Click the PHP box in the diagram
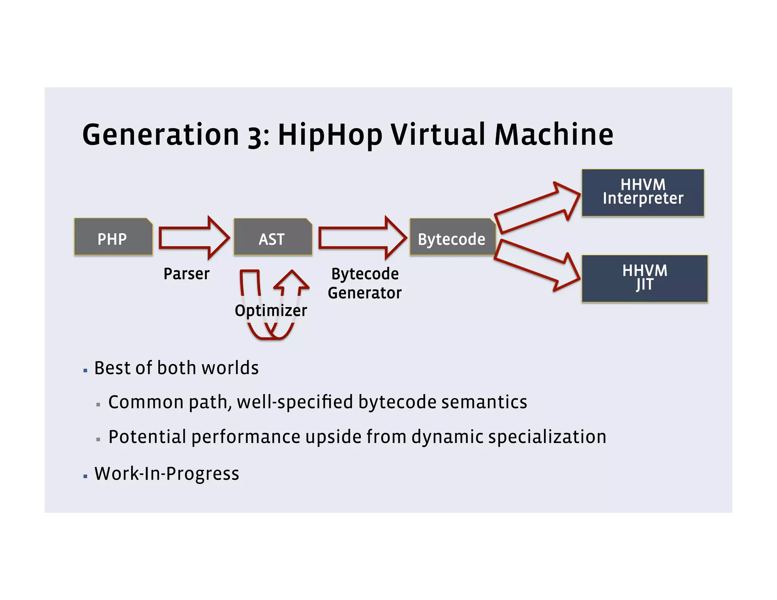pos(113,237)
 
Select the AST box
pos(272,237)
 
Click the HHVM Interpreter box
pos(643,193)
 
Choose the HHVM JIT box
pos(644,278)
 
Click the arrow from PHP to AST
pos(193,238)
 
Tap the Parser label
pos(186,274)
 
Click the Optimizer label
pos(271,311)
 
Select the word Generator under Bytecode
pos(364,293)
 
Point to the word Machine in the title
pos(554,135)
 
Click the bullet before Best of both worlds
pos(85,370)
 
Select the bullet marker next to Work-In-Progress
pos(85,476)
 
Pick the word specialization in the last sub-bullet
pos(547,437)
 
